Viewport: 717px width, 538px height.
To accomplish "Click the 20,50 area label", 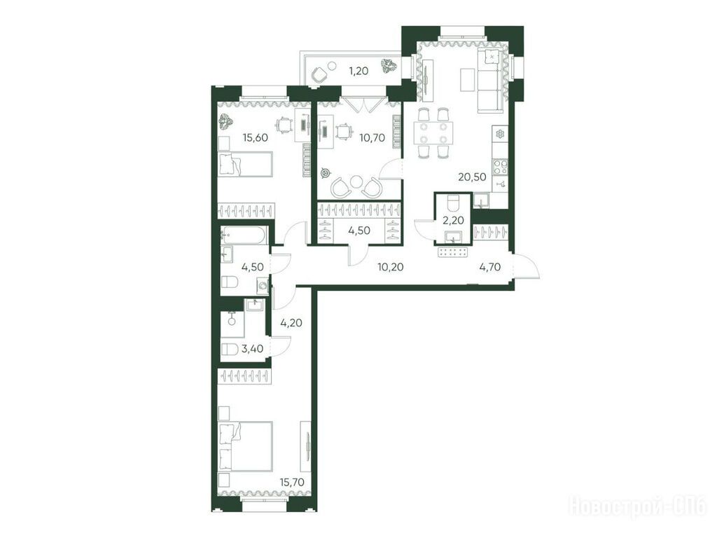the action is point(472,177).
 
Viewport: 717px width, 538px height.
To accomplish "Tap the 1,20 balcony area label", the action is point(358,71).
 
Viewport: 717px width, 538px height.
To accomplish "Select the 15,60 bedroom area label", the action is point(255,137).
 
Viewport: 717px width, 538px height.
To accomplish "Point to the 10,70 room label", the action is point(372,137).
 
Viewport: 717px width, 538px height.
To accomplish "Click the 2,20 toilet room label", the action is point(453,221).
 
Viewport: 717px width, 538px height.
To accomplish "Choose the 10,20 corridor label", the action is point(391,267).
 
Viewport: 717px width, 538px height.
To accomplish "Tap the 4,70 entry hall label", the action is point(489,267).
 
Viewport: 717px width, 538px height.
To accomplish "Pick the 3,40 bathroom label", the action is point(252,349).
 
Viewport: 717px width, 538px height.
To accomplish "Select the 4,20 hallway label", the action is point(291,323).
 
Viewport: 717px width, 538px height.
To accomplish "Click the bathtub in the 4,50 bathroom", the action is point(242,235).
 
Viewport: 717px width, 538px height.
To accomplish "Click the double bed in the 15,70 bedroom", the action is point(246,446).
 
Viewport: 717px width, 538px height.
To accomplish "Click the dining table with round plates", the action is point(433,132).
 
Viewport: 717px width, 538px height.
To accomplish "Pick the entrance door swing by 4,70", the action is point(527,265).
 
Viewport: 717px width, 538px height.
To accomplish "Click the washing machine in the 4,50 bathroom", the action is point(263,287).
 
